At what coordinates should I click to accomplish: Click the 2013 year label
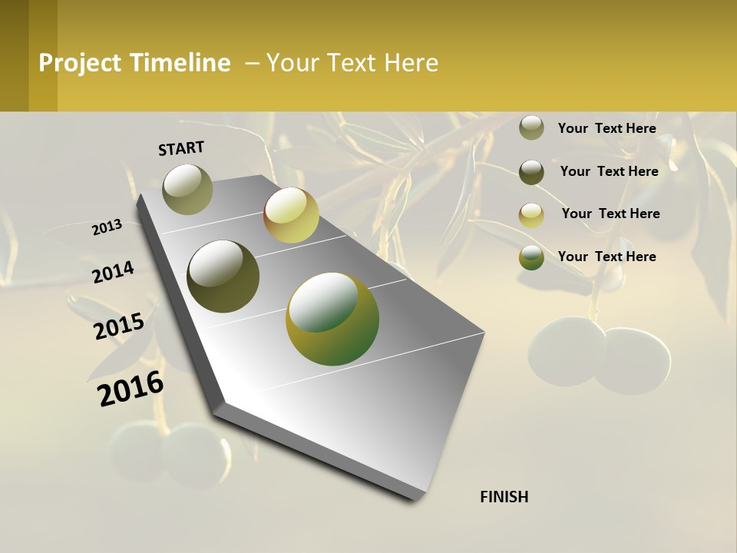pos(107,227)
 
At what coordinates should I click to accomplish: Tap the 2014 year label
pos(113,272)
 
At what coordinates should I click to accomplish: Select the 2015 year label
pos(119,326)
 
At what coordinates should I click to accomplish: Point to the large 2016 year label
pos(131,388)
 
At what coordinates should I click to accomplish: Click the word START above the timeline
pos(181,148)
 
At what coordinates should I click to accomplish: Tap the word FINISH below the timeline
pos(504,497)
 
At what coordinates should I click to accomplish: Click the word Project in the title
pos(80,63)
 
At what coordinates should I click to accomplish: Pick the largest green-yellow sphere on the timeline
pos(332,319)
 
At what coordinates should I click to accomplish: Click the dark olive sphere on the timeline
pos(223,276)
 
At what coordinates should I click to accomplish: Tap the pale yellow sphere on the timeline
pos(291,215)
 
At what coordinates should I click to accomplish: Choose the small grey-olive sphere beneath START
pos(187,189)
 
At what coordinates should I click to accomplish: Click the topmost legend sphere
pos(531,128)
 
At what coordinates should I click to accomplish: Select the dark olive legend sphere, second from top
pos(531,172)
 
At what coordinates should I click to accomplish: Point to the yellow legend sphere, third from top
pos(531,215)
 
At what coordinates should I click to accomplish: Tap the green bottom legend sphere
pos(531,258)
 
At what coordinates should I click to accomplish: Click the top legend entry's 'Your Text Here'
pos(606,128)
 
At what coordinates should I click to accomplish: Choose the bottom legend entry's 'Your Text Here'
pos(606,257)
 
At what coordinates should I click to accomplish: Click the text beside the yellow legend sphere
pos(610,214)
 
